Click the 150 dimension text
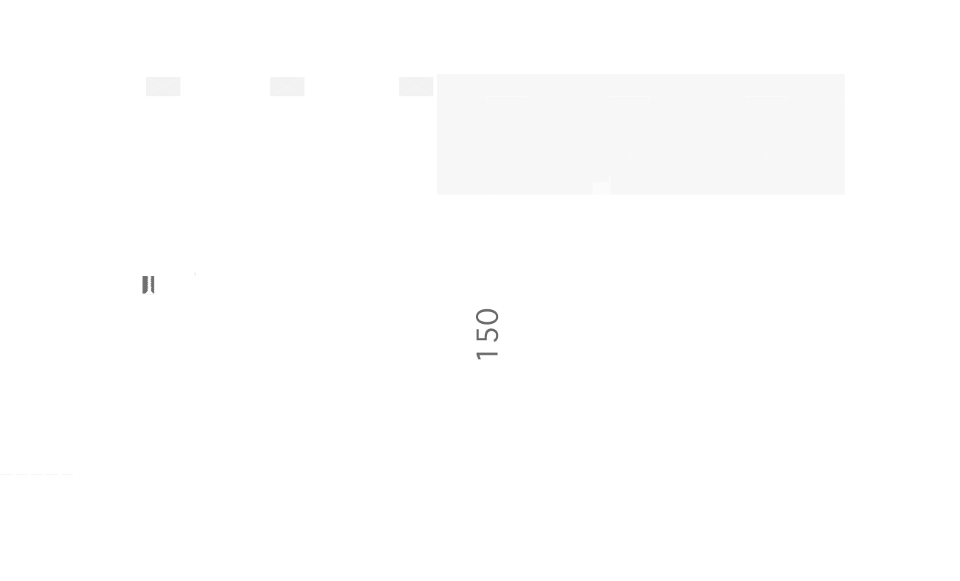pos(488,334)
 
